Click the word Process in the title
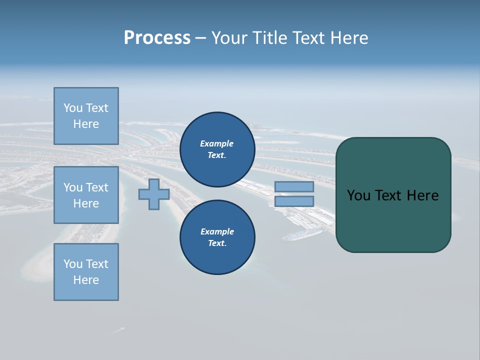pos(157,38)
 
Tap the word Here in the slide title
pos(348,38)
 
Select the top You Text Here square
pos(86,116)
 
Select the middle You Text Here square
pos(86,195)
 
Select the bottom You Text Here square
pos(86,272)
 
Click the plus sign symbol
pos(153,194)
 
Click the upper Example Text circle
pos(217,149)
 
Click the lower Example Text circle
pos(217,237)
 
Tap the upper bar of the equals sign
pos(294,186)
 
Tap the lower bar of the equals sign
pos(294,201)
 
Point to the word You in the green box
pos(358,195)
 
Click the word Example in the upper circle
pos(217,143)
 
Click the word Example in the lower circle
pos(217,231)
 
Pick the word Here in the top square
pos(86,124)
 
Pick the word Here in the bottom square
pos(86,280)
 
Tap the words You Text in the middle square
pos(86,187)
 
